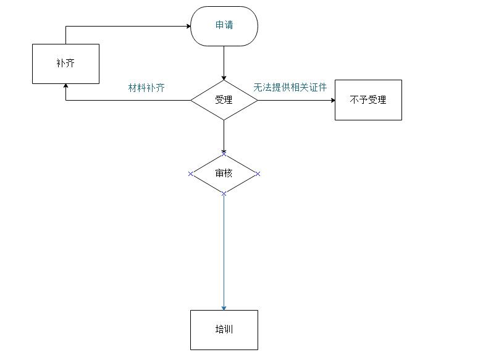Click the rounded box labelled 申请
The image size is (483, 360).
point(224,26)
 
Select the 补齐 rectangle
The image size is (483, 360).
point(65,64)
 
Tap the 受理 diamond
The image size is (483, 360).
point(224,99)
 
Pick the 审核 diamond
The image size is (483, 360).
point(224,174)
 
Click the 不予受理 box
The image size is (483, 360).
point(368,99)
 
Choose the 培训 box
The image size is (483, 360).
point(224,330)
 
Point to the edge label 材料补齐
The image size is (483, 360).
point(146,88)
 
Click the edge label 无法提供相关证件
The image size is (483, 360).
point(290,88)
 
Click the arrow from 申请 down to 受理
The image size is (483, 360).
point(224,62)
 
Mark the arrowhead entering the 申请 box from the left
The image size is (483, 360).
point(188,26)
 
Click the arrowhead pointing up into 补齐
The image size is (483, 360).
point(65,86)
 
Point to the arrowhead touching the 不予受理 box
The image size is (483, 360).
point(332,99)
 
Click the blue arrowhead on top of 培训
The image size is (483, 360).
point(224,308)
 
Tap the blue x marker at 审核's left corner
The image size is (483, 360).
point(190,174)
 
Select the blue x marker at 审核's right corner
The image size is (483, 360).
point(258,174)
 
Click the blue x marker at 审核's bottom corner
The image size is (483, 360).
point(224,194)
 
